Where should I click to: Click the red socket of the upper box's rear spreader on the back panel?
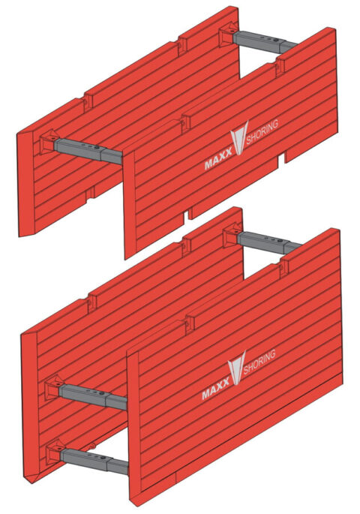pyautogui.click(x=227, y=38)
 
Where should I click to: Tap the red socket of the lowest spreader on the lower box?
pyautogui.click(x=55, y=452)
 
